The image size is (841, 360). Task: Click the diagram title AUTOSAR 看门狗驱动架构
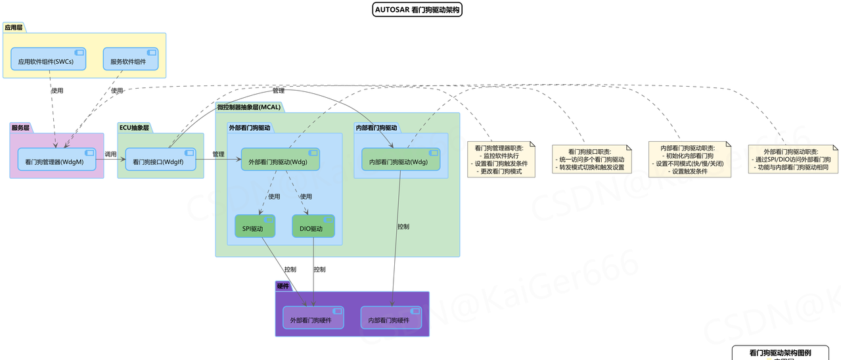(x=417, y=10)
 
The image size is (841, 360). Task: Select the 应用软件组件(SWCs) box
(x=49, y=60)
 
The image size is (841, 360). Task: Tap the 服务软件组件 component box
(x=130, y=60)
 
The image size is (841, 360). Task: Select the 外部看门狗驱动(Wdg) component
(x=280, y=160)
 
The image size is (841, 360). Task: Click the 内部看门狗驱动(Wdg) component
(x=399, y=160)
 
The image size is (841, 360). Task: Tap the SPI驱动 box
(x=255, y=227)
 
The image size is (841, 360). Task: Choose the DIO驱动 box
(x=313, y=227)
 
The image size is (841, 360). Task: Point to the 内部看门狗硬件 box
(x=391, y=318)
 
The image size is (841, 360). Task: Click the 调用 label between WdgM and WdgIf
(x=110, y=154)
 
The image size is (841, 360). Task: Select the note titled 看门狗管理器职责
(x=502, y=160)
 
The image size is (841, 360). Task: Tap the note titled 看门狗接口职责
(x=591, y=160)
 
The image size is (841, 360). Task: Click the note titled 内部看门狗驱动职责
(x=691, y=160)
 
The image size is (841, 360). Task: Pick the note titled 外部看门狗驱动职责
(x=793, y=160)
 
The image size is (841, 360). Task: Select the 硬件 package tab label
(x=283, y=286)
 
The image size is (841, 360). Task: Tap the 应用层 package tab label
(x=12, y=28)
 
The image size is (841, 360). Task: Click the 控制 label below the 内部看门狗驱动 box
(x=403, y=227)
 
